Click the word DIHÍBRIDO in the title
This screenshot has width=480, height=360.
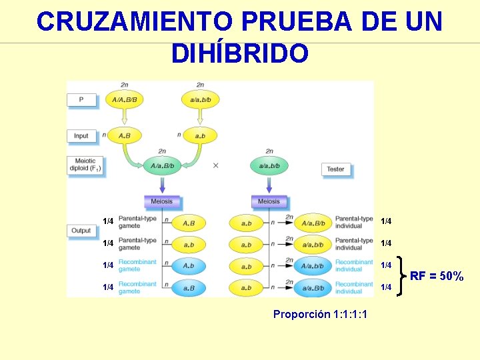239,53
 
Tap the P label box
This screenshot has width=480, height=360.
82,99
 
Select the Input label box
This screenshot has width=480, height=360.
82,135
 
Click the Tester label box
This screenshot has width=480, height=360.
336,169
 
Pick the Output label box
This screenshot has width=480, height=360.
82,231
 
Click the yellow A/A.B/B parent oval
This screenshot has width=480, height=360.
125,99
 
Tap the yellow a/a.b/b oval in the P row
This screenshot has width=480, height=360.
200,99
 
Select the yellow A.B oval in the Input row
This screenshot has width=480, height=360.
125,135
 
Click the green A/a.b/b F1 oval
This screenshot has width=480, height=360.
163,165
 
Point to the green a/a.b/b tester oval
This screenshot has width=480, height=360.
269,165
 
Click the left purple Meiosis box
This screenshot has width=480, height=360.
162,201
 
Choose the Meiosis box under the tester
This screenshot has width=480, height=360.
269,201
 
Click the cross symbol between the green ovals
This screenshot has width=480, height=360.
215,165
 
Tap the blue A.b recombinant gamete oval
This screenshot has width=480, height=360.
189,266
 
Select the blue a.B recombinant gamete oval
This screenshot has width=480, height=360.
189,288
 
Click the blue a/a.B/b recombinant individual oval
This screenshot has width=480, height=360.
313,288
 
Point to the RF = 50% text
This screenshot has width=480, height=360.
437,276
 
